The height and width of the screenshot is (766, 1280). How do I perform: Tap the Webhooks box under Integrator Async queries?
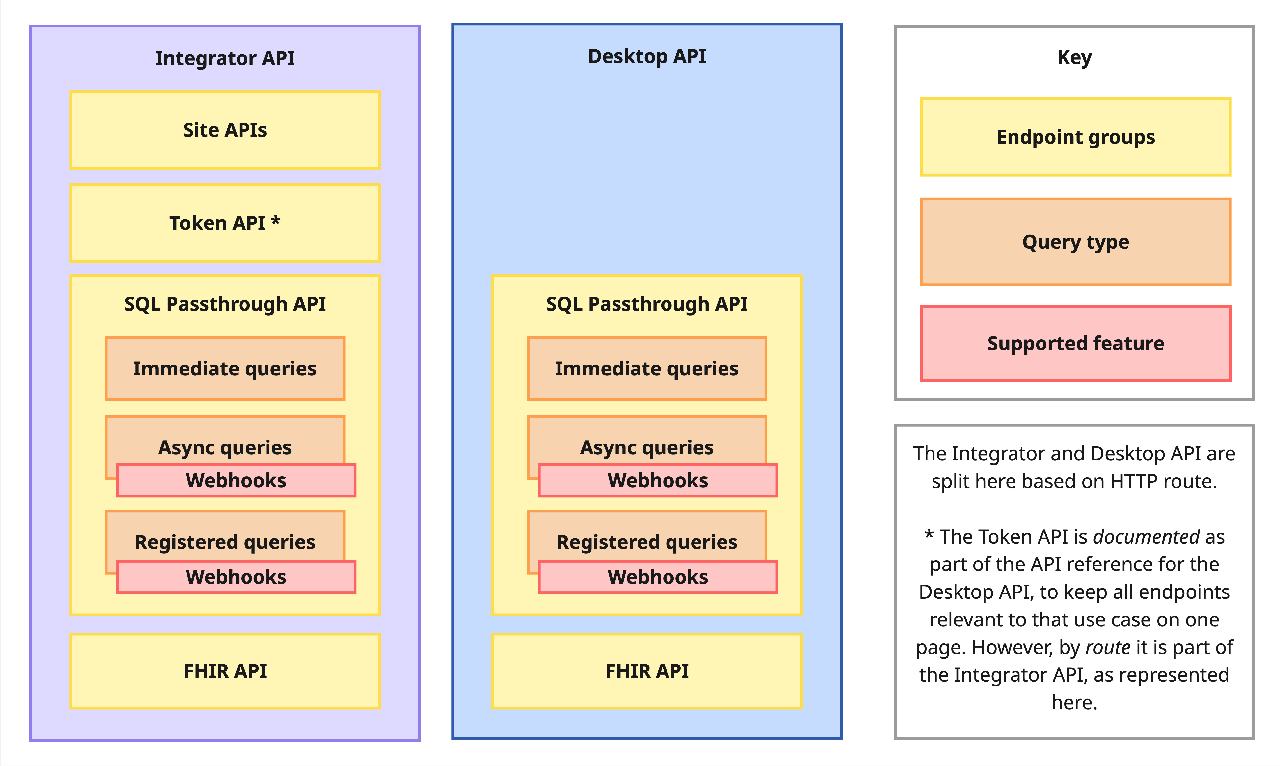pyautogui.click(x=236, y=481)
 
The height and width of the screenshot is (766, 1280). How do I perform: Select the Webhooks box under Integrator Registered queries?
pyautogui.click(x=236, y=577)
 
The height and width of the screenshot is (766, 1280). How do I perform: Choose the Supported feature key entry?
pyautogui.click(x=1075, y=343)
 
